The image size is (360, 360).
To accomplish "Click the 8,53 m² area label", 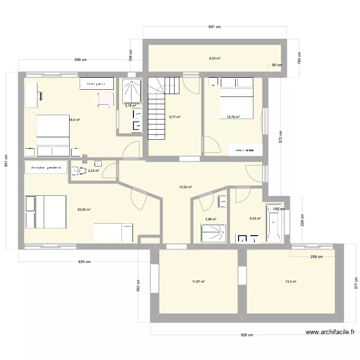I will click(x=215, y=59).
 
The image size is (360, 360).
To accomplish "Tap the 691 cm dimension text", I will click(x=215, y=27).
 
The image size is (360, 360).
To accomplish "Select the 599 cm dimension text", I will click(x=81, y=60).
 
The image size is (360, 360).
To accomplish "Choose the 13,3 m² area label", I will click(x=290, y=282).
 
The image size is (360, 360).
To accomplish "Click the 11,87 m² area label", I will click(x=198, y=282).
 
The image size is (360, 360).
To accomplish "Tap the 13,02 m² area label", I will click(x=186, y=187).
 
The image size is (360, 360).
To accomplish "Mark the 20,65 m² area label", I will click(x=84, y=209).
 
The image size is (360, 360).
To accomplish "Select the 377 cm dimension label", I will click(x=356, y=283).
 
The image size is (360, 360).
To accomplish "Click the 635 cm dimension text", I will click(x=84, y=262).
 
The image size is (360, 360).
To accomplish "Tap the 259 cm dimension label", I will click(x=317, y=257).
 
